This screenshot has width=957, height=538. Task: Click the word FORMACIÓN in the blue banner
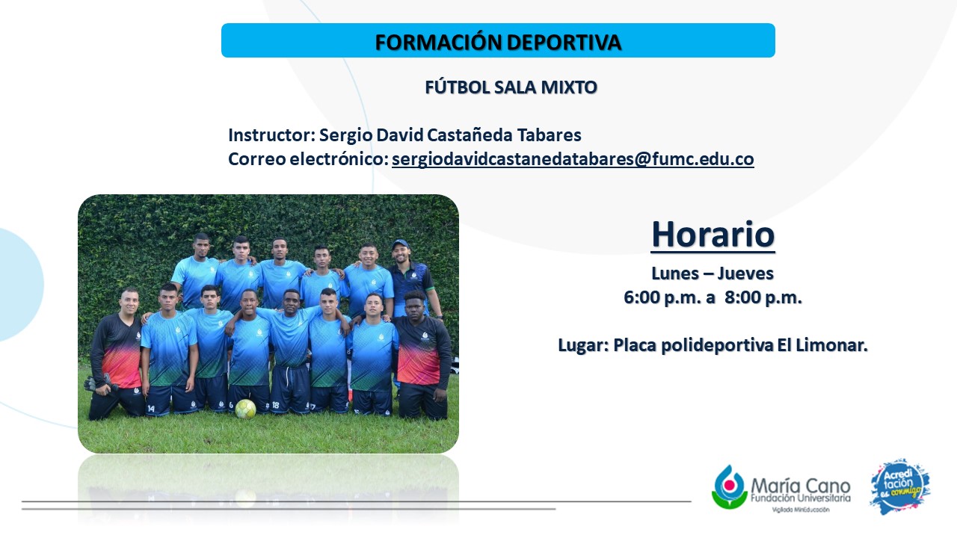click(x=438, y=42)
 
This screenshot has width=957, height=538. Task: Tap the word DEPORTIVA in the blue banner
click(x=564, y=43)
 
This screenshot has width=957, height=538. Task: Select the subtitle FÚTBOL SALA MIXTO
click(x=511, y=87)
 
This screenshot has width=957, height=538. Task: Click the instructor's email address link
click(x=573, y=159)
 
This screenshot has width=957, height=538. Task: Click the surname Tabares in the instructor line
click(x=549, y=135)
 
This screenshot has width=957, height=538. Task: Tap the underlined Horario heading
click(x=713, y=235)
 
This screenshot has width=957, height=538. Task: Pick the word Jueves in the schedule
click(x=745, y=273)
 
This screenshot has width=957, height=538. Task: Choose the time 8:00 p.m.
click(x=763, y=297)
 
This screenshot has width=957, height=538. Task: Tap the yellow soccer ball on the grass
click(x=246, y=409)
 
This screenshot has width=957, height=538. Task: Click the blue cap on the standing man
click(x=399, y=244)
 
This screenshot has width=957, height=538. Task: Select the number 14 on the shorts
click(x=151, y=409)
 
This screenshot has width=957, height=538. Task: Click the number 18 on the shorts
click(x=276, y=405)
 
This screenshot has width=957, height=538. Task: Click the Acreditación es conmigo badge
click(x=900, y=486)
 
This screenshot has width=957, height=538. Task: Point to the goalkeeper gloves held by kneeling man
click(x=101, y=383)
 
